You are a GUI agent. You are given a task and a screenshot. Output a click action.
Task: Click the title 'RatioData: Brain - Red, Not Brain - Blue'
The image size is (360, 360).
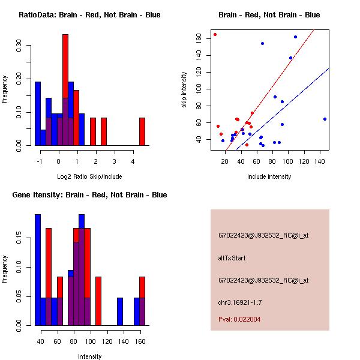(89, 15)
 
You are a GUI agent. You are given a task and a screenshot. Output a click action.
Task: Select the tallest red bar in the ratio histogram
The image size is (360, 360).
(65, 90)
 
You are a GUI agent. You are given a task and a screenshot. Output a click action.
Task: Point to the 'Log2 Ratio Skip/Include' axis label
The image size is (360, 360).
(89, 176)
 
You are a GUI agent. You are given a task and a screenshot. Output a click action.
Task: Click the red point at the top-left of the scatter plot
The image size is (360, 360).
(215, 34)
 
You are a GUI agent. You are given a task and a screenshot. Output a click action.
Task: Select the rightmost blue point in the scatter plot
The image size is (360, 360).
(325, 119)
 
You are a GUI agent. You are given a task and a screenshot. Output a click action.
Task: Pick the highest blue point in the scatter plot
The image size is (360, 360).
(295, 37)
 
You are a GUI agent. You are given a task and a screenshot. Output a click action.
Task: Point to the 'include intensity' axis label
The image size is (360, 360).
(269, 176)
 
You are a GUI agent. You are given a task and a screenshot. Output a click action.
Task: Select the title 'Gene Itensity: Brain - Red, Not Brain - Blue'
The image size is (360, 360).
(85, 195)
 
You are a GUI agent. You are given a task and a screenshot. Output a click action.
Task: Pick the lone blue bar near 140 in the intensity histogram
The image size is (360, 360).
(120, 311)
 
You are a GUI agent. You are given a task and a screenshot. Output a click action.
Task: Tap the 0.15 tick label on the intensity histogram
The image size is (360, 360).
(20, 239)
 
